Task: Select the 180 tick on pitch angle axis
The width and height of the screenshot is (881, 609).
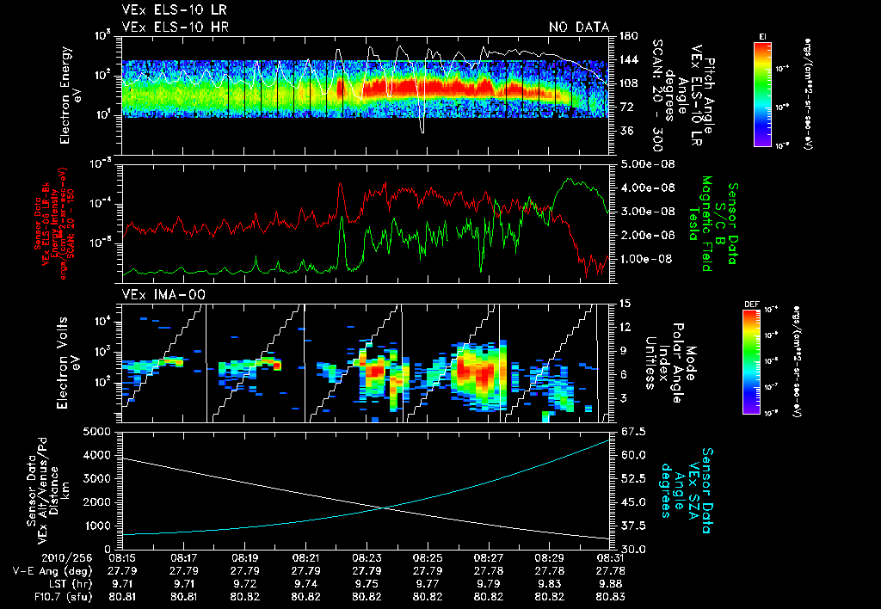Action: click(x=627, y=36)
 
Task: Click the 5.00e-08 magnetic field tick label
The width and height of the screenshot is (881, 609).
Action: click(x=645, y=163)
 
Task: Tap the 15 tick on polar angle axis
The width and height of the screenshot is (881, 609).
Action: click(x=624, y=304)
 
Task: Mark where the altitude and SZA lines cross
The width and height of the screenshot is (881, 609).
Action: click(x=386, y=507)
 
